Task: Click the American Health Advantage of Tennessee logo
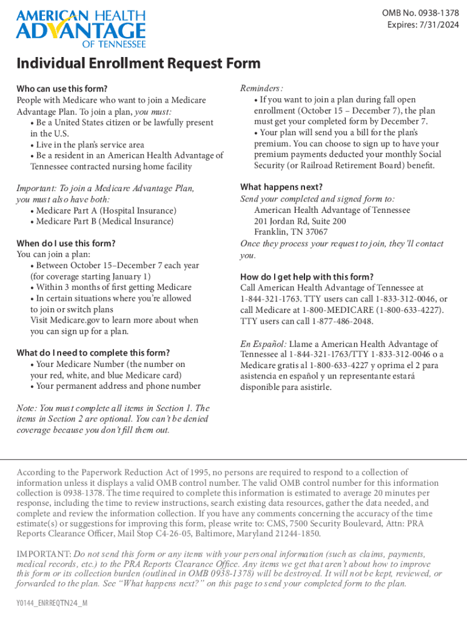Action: coord(81,28)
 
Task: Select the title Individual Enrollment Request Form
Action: coord(138,64)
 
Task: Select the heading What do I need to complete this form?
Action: coord(93,353)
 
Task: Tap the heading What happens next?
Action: coord(281,187)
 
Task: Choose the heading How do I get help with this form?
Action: coord(307,277)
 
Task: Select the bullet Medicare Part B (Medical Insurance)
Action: coord(104,221)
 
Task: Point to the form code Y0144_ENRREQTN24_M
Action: coord(52,604)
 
